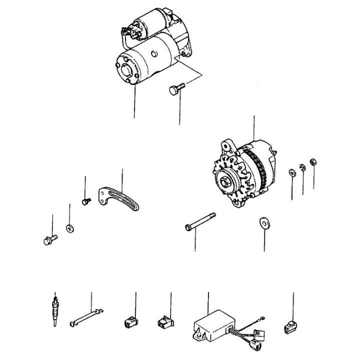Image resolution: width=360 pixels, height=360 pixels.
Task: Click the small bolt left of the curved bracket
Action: coord(85,201)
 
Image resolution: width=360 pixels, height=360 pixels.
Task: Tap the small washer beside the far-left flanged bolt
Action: coord(69,229)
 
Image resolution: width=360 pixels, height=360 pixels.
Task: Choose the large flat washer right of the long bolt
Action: coord(263,221)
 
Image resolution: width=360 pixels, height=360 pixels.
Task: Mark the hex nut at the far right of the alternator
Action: coord(313,161)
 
